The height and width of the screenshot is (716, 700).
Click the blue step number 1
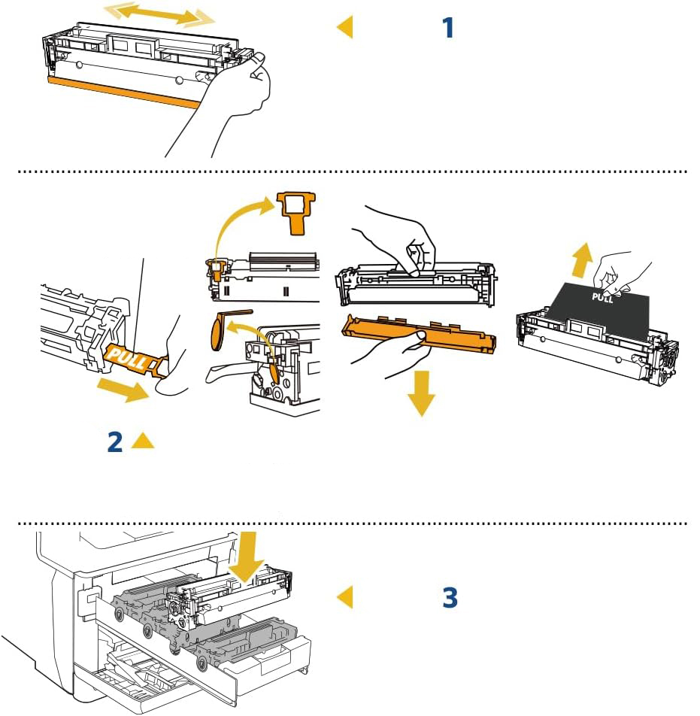(447, 29)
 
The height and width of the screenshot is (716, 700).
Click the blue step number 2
(114, 441)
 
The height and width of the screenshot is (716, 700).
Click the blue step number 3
(449, 598)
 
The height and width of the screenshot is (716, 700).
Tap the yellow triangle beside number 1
(345, 28)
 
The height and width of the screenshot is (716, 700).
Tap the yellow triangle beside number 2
(142, 441)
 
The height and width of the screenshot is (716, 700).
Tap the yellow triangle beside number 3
(345, 597)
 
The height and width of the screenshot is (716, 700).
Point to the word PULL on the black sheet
(603, 296)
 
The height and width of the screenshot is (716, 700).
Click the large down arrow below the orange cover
(422, 391)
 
